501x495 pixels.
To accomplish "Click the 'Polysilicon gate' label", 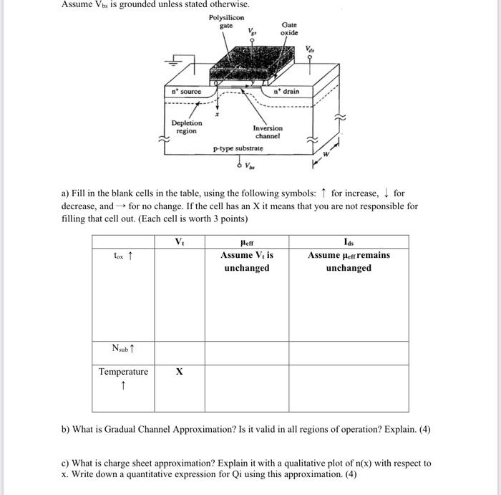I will (x=226, y=21).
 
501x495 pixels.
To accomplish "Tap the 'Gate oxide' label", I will (x=289, y=29).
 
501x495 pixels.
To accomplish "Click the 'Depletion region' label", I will (x=186, y=127).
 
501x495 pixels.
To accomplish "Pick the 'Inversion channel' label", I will (x=267, y=132).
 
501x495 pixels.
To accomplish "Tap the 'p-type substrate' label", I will (x=238, y=149).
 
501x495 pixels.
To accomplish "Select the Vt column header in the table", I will (x=180, y=242).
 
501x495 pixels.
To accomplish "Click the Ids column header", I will (x=349, y=242).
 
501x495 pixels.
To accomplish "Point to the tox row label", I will (x=123, y=255).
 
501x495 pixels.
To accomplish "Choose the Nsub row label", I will (x=123, y=349).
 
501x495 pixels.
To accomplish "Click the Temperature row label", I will (x=123, y=372).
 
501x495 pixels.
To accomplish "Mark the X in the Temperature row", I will (x=179, y=372).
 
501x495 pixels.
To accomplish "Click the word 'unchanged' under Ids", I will (x=349, y=268).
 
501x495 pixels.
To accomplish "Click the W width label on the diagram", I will (x=327, y=154).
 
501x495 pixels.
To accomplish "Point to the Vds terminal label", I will (x=309, y=49).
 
